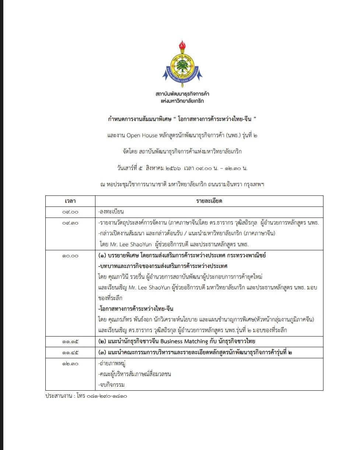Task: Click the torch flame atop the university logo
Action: (x=182, y=45)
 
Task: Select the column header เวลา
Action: (x=70, y=201)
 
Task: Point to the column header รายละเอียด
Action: (x=209, y=201)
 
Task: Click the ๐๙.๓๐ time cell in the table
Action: (x=70, y=223)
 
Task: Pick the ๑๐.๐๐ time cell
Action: (x=70, y=256)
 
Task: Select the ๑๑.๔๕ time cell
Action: (x=70, y=353)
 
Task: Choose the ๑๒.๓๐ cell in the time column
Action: (x=70, y=363)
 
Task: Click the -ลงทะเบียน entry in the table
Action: (x=111, y=212)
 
